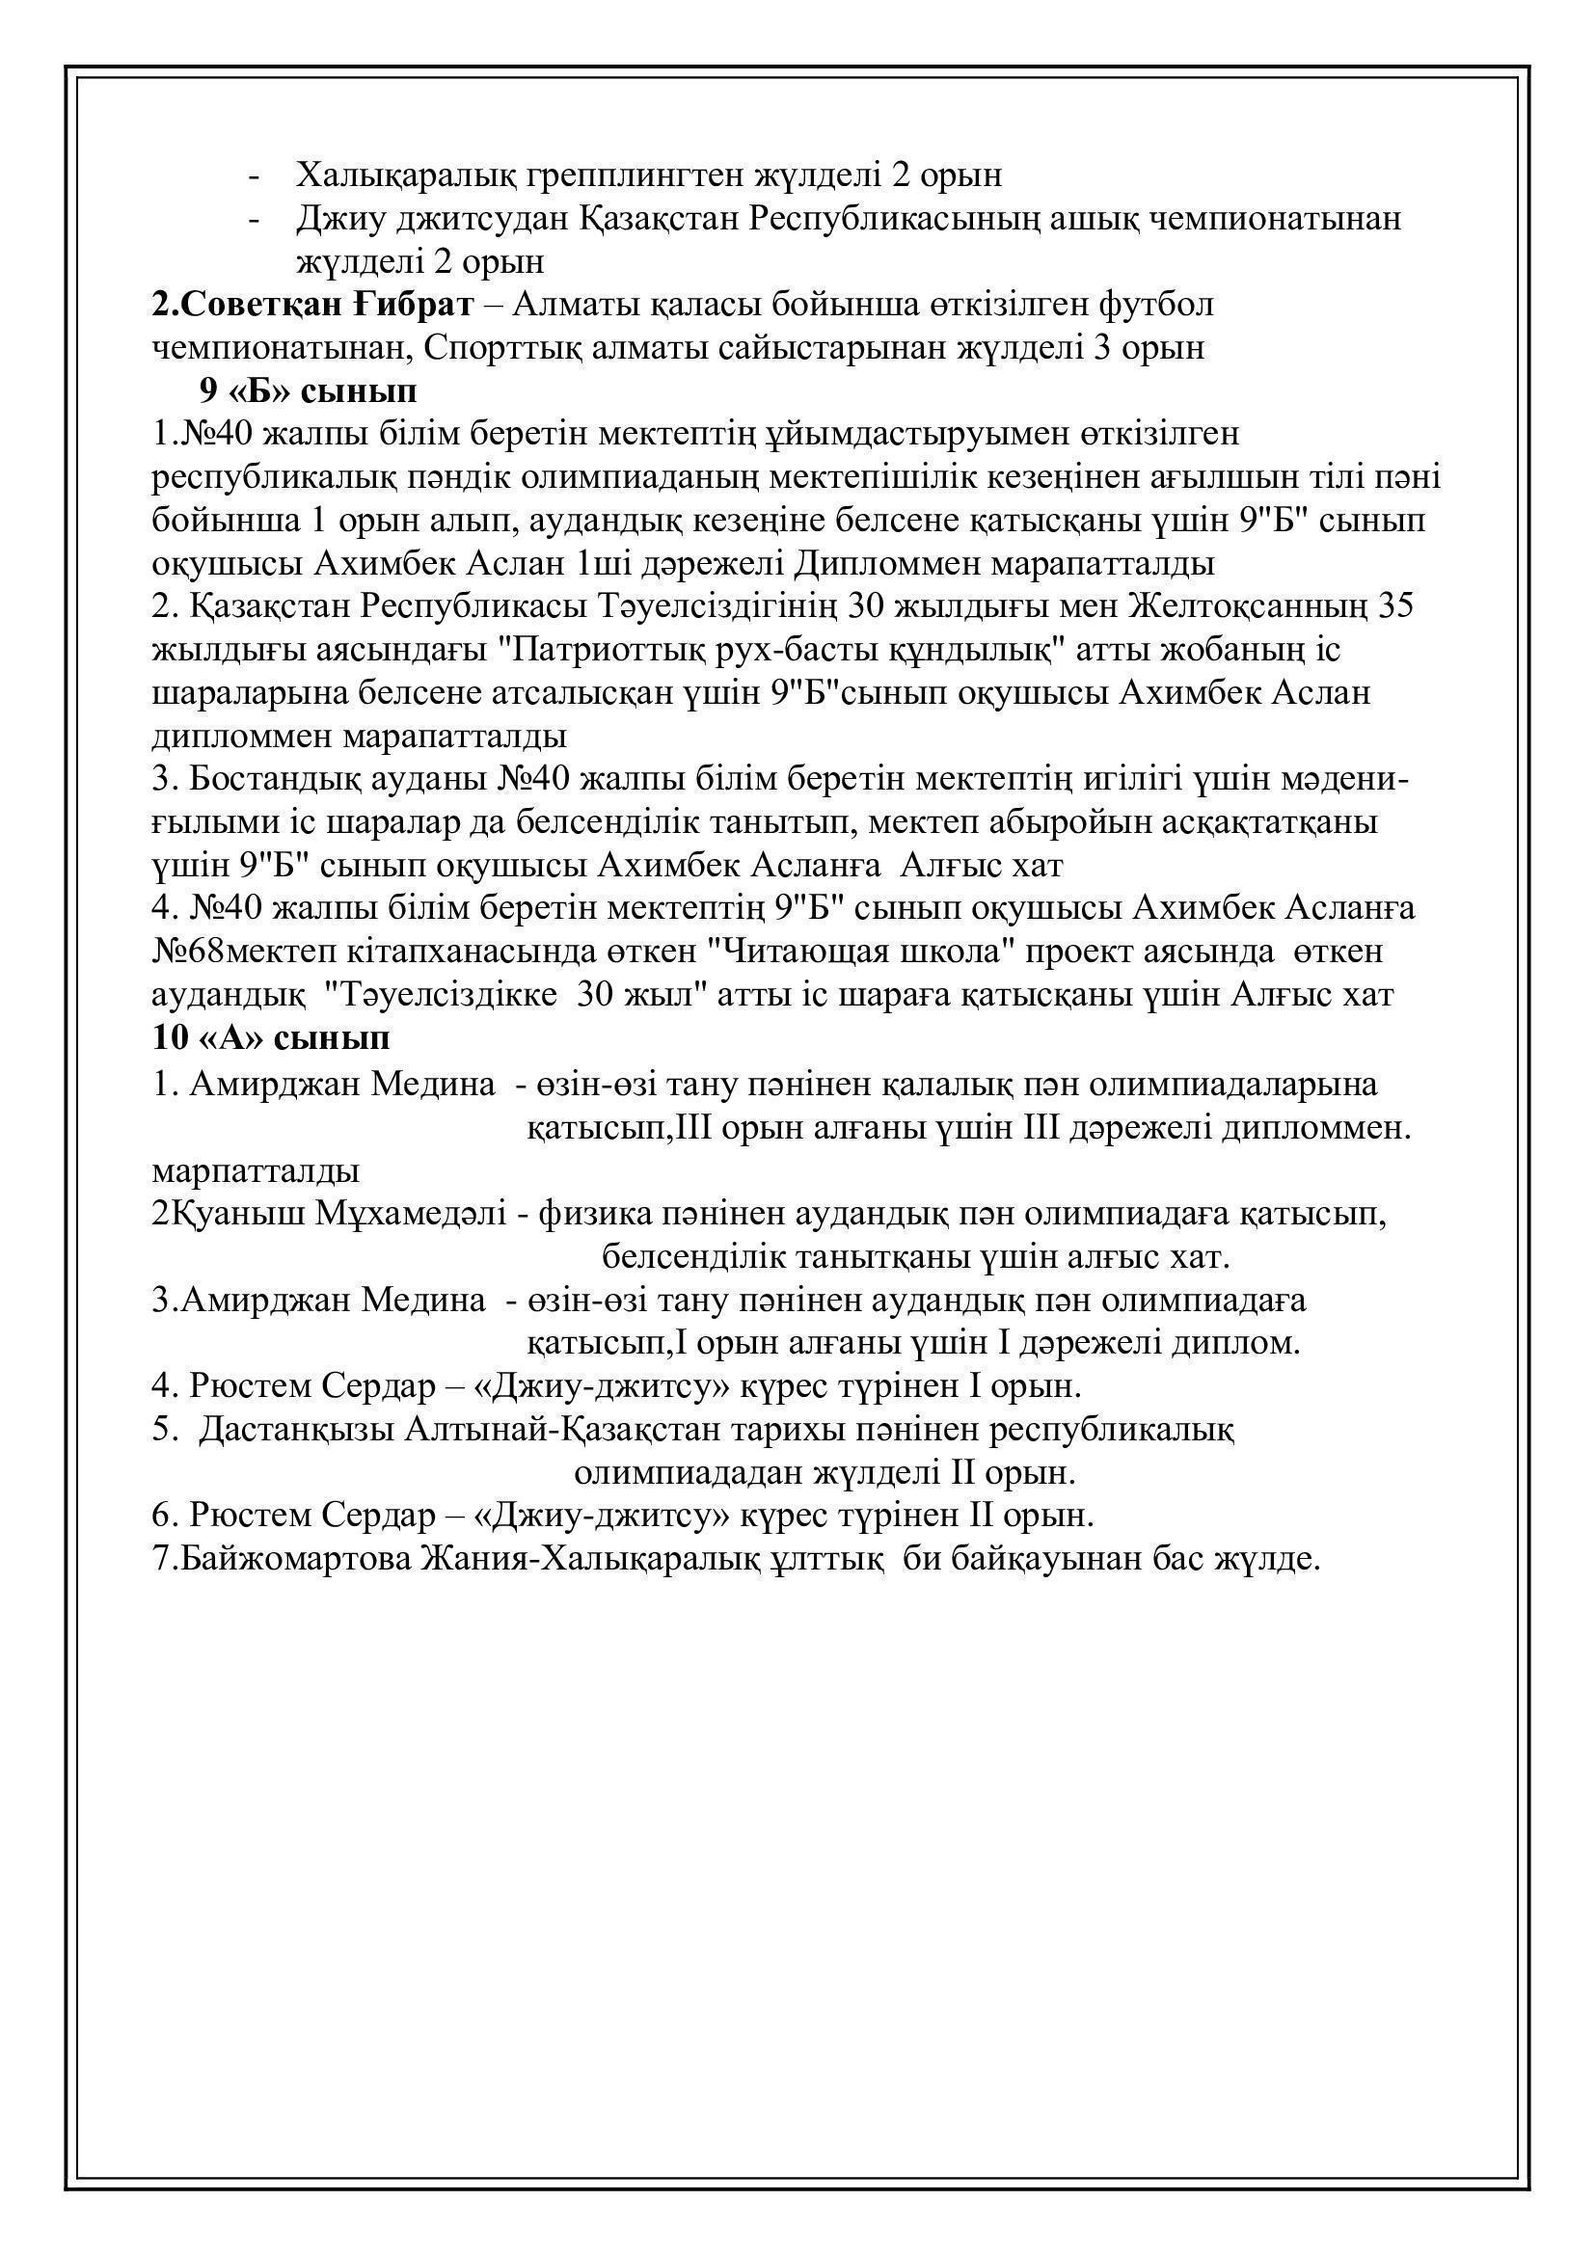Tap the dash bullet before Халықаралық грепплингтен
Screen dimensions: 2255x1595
[256, 176]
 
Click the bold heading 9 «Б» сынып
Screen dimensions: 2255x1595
[308, 390]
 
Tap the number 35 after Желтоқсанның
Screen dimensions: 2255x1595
[1395, 606]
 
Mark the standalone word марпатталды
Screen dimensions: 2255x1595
[256, 1170]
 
